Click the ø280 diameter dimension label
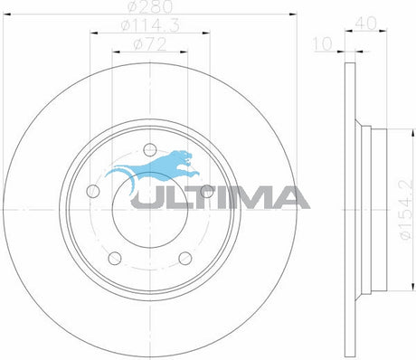click(x=150, y=6)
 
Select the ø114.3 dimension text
click(x=150, y=25)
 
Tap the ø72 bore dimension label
click(x=150, y=45)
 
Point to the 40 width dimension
click(x=366, y=24)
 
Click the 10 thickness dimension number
click(x=323, y=44)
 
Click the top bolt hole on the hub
click(x=150, y=150)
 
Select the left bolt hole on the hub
click(x=93, y=191)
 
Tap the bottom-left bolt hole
click(x=115, y=258)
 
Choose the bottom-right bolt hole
click(x=185, y=258)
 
